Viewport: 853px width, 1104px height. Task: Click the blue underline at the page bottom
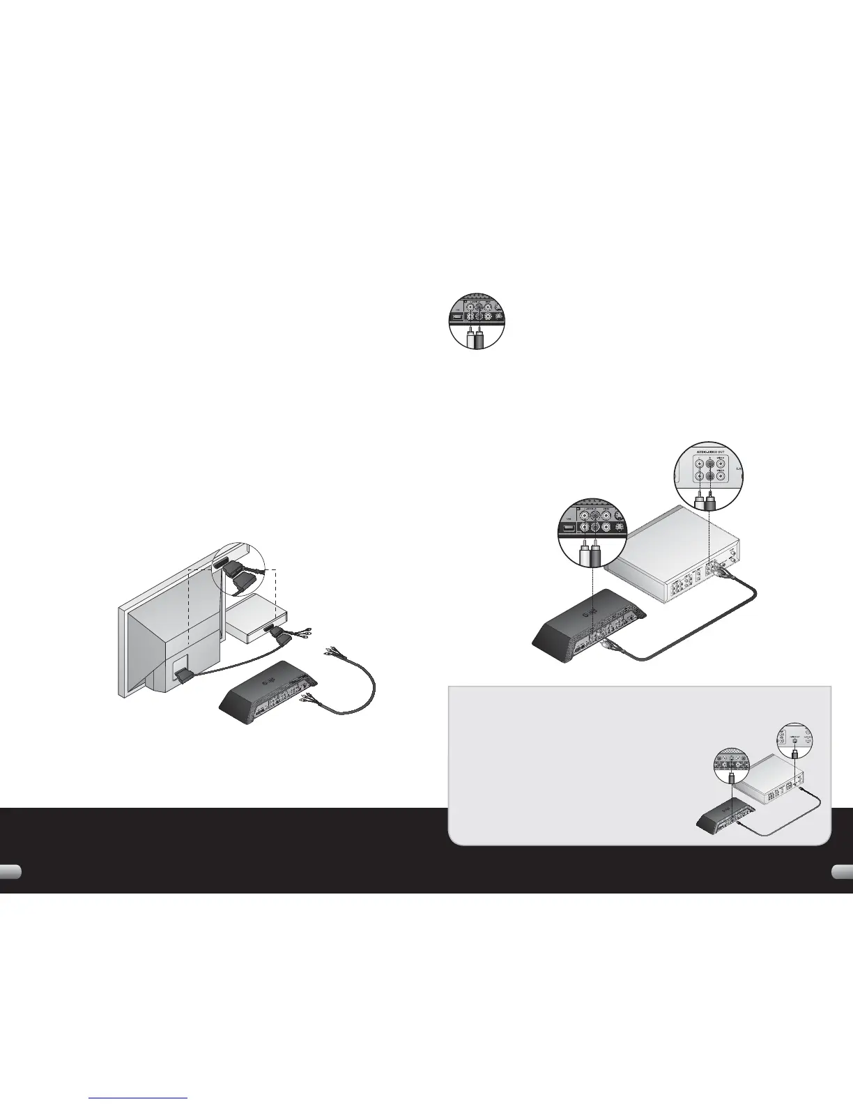pos(139,1098)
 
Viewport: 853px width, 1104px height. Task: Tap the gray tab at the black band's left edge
pos(10,872)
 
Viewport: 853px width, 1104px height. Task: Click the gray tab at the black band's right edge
pos(843,872)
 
